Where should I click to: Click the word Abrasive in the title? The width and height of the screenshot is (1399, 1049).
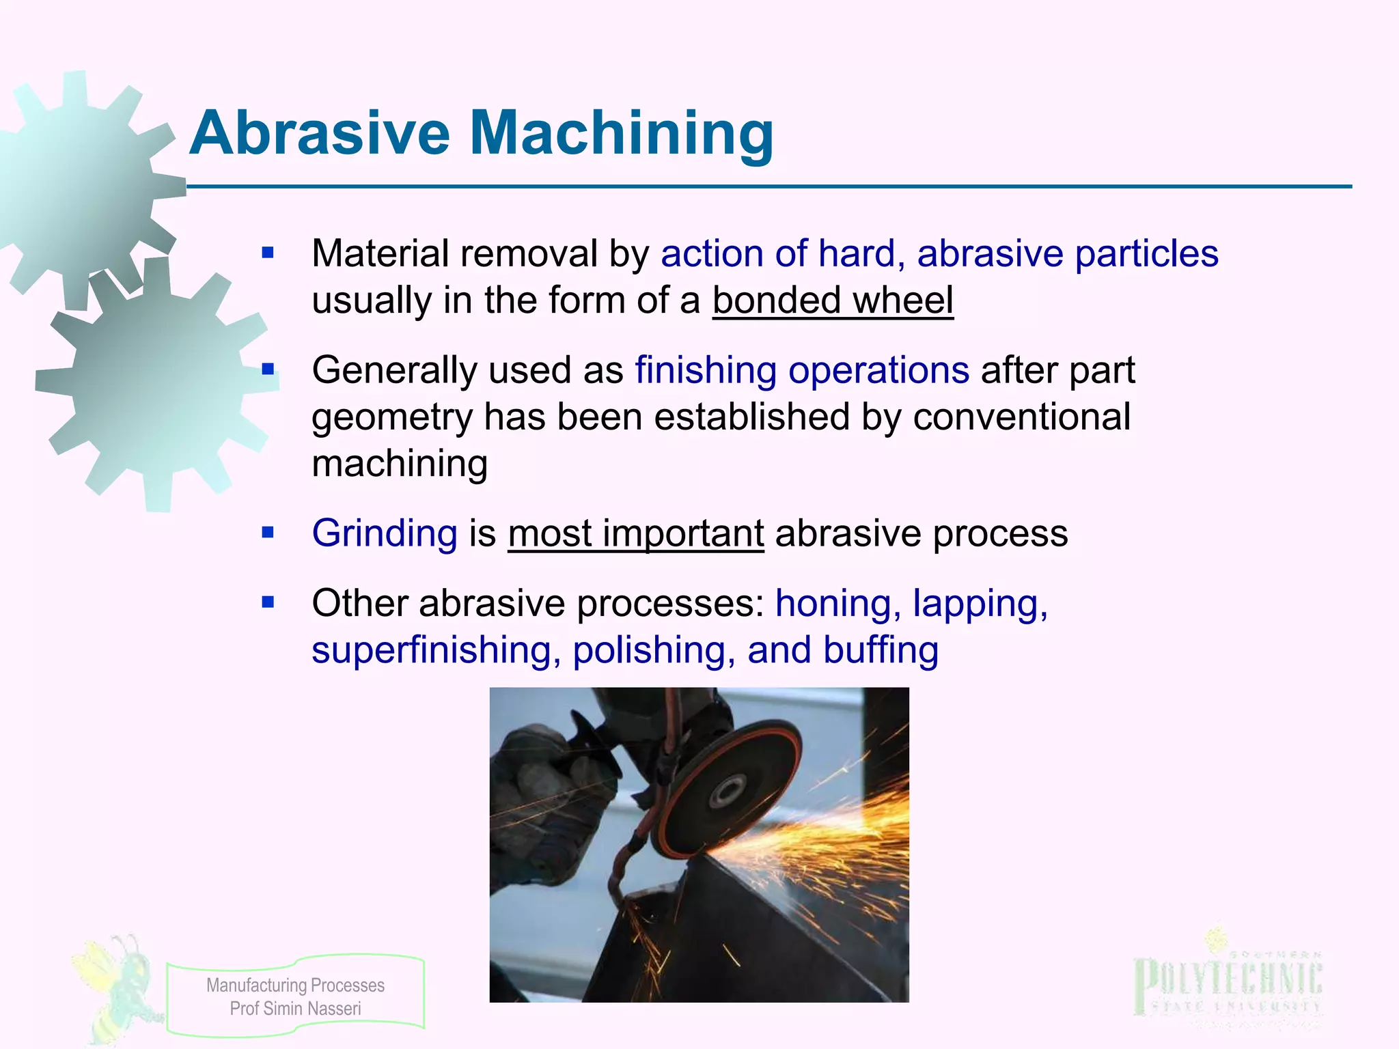(320, 133)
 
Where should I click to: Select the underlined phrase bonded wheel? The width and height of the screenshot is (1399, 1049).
(833, 300)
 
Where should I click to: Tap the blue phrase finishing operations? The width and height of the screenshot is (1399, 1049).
(802, 371)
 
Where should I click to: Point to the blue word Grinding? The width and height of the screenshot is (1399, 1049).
(385, 533)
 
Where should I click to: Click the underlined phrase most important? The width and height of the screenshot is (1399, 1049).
(636, 533)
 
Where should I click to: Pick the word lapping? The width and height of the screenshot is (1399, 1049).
(980, 604)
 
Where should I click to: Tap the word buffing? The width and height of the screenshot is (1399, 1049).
(881, 650)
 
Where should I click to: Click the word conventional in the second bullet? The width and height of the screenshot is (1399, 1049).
(1022, 417)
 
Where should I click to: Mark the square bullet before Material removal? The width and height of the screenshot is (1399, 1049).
(268, 254)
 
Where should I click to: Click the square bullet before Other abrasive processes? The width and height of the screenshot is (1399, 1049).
(268, 603)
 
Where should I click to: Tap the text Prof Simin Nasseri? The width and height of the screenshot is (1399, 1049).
(295, 1009)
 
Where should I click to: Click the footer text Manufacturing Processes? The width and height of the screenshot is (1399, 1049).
(295, 985)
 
